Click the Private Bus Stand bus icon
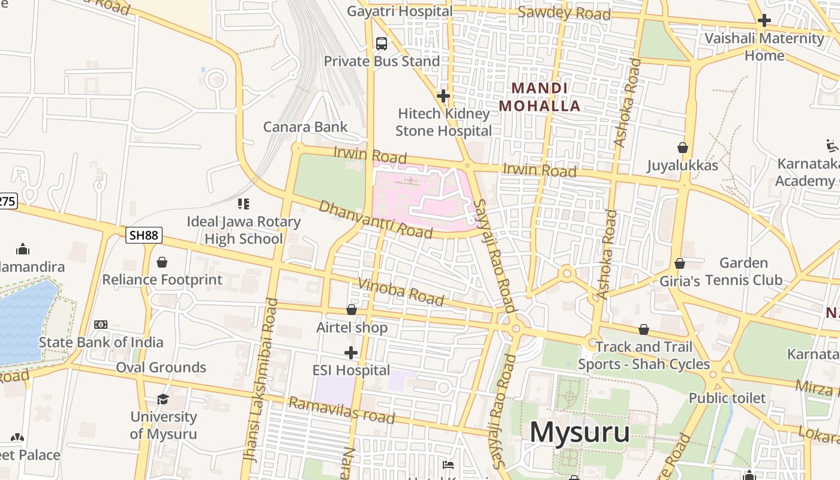382,43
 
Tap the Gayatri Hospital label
400,11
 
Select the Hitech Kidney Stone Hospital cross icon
443,96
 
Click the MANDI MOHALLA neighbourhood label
539,97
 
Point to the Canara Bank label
305,127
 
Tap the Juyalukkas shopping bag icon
682,148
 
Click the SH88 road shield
144,235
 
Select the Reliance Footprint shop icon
161,262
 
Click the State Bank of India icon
101,325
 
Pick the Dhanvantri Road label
376,219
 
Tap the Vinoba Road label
401,292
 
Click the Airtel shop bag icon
352,310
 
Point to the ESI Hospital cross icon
351,352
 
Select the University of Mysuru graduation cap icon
163,399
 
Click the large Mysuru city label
579,432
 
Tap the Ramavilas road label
341,410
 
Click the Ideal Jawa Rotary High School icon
243,204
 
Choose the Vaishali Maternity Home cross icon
764,20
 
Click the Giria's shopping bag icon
680,263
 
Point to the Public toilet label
727,398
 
